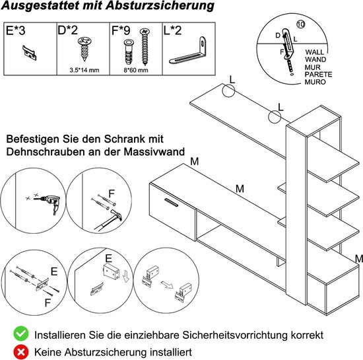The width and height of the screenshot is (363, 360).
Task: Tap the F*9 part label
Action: [119, 30]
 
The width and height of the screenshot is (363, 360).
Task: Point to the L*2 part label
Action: [173, 30]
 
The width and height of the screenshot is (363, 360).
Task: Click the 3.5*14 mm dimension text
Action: [84, 68]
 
